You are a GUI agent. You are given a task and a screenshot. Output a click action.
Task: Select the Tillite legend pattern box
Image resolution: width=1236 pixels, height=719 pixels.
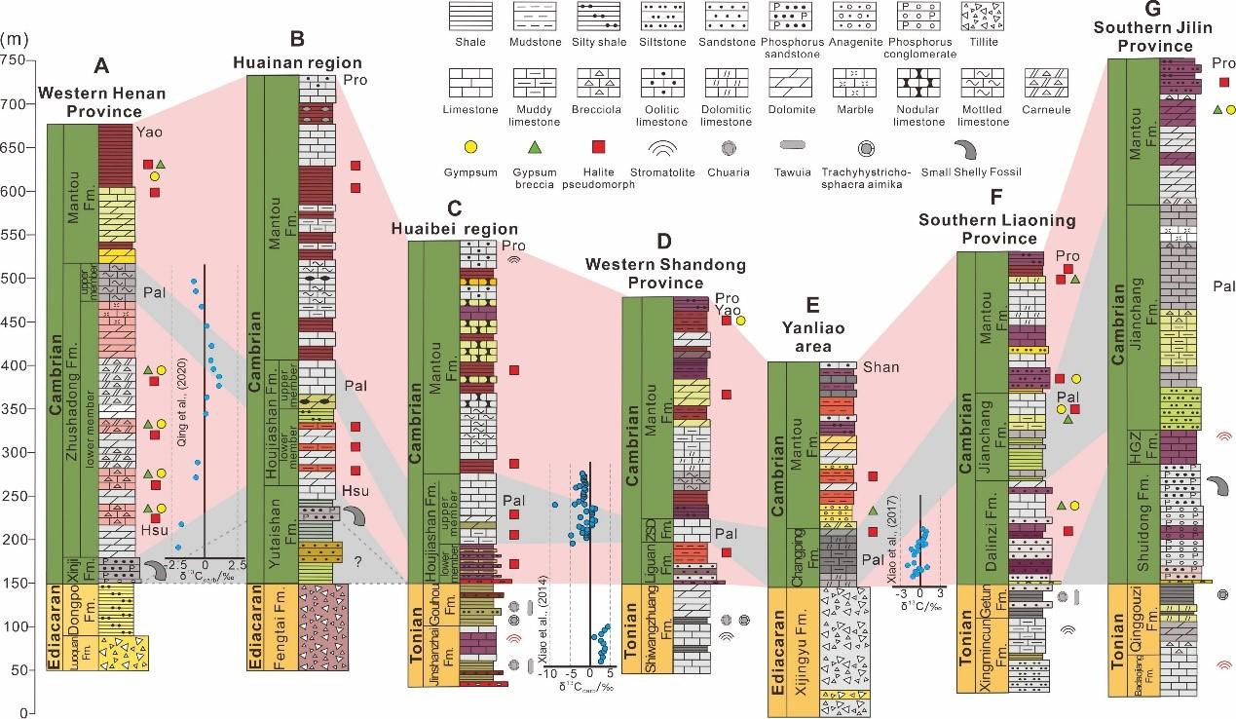pos(982,19)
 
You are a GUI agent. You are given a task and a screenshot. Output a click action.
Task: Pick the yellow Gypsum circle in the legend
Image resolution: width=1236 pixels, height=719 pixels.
pos(468,148)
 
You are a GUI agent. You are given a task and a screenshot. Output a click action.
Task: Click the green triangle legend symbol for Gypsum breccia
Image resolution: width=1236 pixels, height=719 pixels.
pos(533,148)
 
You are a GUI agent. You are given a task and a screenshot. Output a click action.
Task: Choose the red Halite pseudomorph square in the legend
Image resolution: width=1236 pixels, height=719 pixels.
pos(599,148)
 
